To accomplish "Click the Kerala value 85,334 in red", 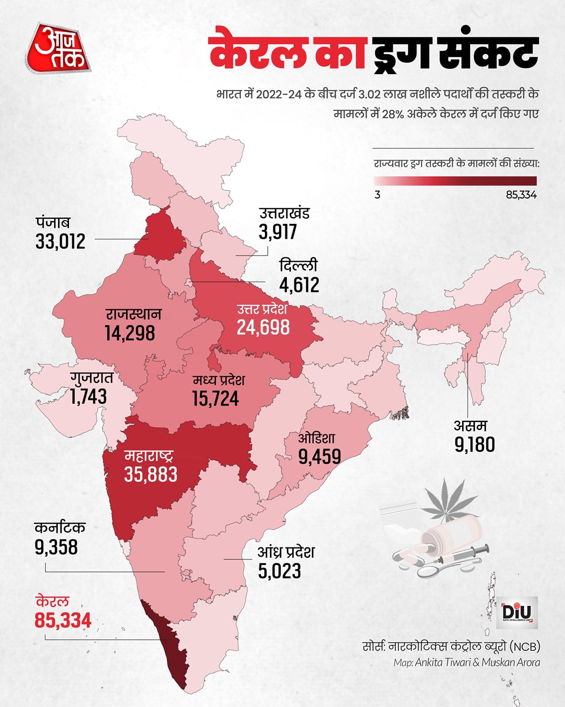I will (x=63, y=620).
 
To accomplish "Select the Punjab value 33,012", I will (x=60, y=242).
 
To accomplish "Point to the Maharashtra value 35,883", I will (x=151, y=474).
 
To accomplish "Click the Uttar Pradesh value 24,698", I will (x=263, y=327).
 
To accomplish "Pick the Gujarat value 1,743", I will (x=89, y=396).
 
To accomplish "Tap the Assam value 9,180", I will (x=475, y=445).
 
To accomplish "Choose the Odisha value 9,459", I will (x=320, y=456).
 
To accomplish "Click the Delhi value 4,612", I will (x=299, y=284).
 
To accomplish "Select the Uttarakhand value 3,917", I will (x=278, y=232).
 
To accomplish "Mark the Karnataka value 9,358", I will (x=56, y=547).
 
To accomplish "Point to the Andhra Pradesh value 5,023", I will (x=279, y=571).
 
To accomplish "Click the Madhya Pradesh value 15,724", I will (x=215, y=399).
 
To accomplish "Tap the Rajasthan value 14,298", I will (x=129, y=333).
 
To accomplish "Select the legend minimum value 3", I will (x=377, y=195).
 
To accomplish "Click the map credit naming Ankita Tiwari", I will (x=467, y=662).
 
